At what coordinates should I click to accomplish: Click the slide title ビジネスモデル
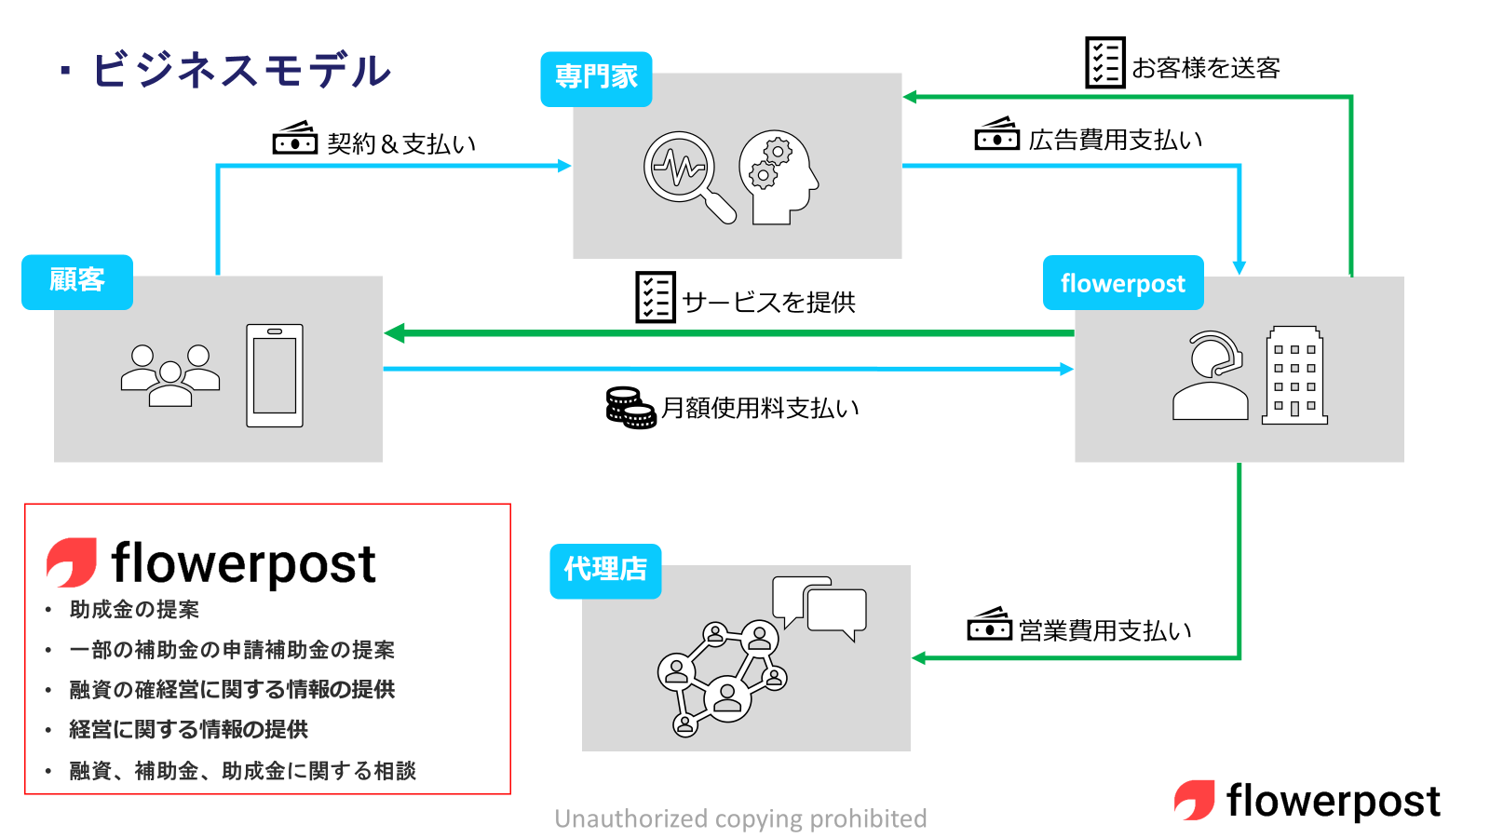click(x=240, y=71)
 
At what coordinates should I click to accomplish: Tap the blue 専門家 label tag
click(x=596, y=78)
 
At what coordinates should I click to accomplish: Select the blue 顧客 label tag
click(x=77, y=281)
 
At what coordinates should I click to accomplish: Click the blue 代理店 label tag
click(x=605, y=570)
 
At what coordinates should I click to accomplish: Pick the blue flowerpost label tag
click(x=1123, y=283)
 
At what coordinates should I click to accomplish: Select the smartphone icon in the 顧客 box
click(x=275, y=375)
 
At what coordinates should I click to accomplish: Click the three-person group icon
click(x=170, y=375)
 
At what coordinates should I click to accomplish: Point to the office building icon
click(x=1294, y=375)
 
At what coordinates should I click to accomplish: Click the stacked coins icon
click(x=630, y=408)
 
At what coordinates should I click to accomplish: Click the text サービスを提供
click(x=768, y=302)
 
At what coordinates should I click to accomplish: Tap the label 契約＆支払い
click(x=401, y=143)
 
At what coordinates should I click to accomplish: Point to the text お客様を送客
click(x=1206, y=68)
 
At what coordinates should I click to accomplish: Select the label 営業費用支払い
click(x=1104, y=630)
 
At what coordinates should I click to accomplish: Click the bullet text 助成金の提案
click(x=134, y=610)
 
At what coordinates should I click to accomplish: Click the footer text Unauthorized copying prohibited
click(x=740, y=818)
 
